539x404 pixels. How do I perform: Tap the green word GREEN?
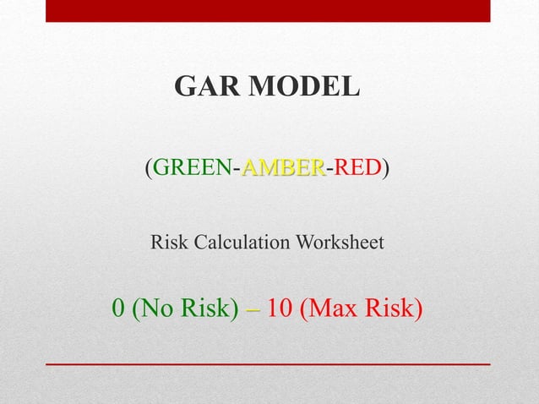[191, 167]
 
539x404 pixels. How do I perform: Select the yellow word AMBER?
[282, 167]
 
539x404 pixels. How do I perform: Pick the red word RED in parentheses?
[357, 167]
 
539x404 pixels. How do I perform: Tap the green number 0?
[119, 309]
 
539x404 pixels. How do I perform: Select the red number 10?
[280, 309]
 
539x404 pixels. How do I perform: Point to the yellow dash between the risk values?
[253, 311]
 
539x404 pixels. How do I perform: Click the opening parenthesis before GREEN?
[149, 168]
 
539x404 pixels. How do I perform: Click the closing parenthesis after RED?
[385, 168]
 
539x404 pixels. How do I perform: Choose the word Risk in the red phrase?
[395, 309]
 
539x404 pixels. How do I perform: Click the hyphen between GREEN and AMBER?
[236, 170]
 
